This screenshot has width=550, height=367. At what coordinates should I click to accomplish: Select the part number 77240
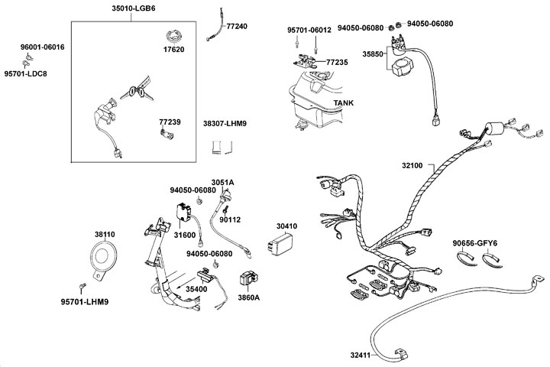click(237, 25)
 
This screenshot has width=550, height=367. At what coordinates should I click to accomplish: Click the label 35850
click(373, 54)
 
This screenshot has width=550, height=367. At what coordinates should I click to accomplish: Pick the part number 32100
click(417, 164)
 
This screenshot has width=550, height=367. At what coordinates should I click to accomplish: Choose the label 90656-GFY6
click(474, 242)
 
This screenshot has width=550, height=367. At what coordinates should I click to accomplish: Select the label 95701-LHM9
click(85, 301)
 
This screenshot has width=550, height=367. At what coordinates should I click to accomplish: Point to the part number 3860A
click(247, 296)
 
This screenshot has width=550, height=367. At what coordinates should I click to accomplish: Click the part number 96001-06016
click(42, 47)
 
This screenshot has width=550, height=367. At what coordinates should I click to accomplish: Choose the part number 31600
click(185, 235)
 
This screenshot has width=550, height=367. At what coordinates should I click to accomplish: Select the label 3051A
click(222, 182)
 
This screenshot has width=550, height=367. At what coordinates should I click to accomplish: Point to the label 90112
click(230, 219)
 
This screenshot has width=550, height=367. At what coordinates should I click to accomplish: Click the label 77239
click(170, 122)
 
